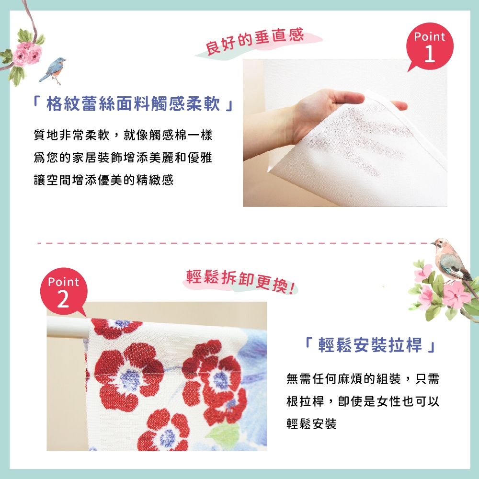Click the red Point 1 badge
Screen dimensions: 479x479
(x=430, y=47)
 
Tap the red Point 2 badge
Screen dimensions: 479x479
(x=64, y=291)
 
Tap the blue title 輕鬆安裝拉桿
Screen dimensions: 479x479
(x=370, y=345)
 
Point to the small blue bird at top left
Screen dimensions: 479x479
(x=54, y=68)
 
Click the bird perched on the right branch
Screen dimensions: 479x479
(x=450, y=261)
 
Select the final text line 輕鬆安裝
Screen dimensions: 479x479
(x=311, y=424)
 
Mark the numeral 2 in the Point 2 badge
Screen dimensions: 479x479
(x=63, y=299)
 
